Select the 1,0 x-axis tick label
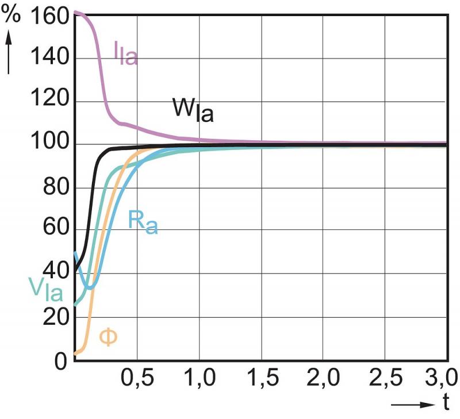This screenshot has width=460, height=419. [x=199, y=379]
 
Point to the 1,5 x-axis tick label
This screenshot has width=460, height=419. [x=261, y=379]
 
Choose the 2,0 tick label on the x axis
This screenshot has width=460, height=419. [x=323, y=379]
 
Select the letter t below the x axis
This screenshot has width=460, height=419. [x=446, y=403]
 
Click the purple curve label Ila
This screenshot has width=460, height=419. [x=125, y=53]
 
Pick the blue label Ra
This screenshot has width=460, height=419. [x=141, y=221]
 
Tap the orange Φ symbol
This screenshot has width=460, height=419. [x=108, y=336]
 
